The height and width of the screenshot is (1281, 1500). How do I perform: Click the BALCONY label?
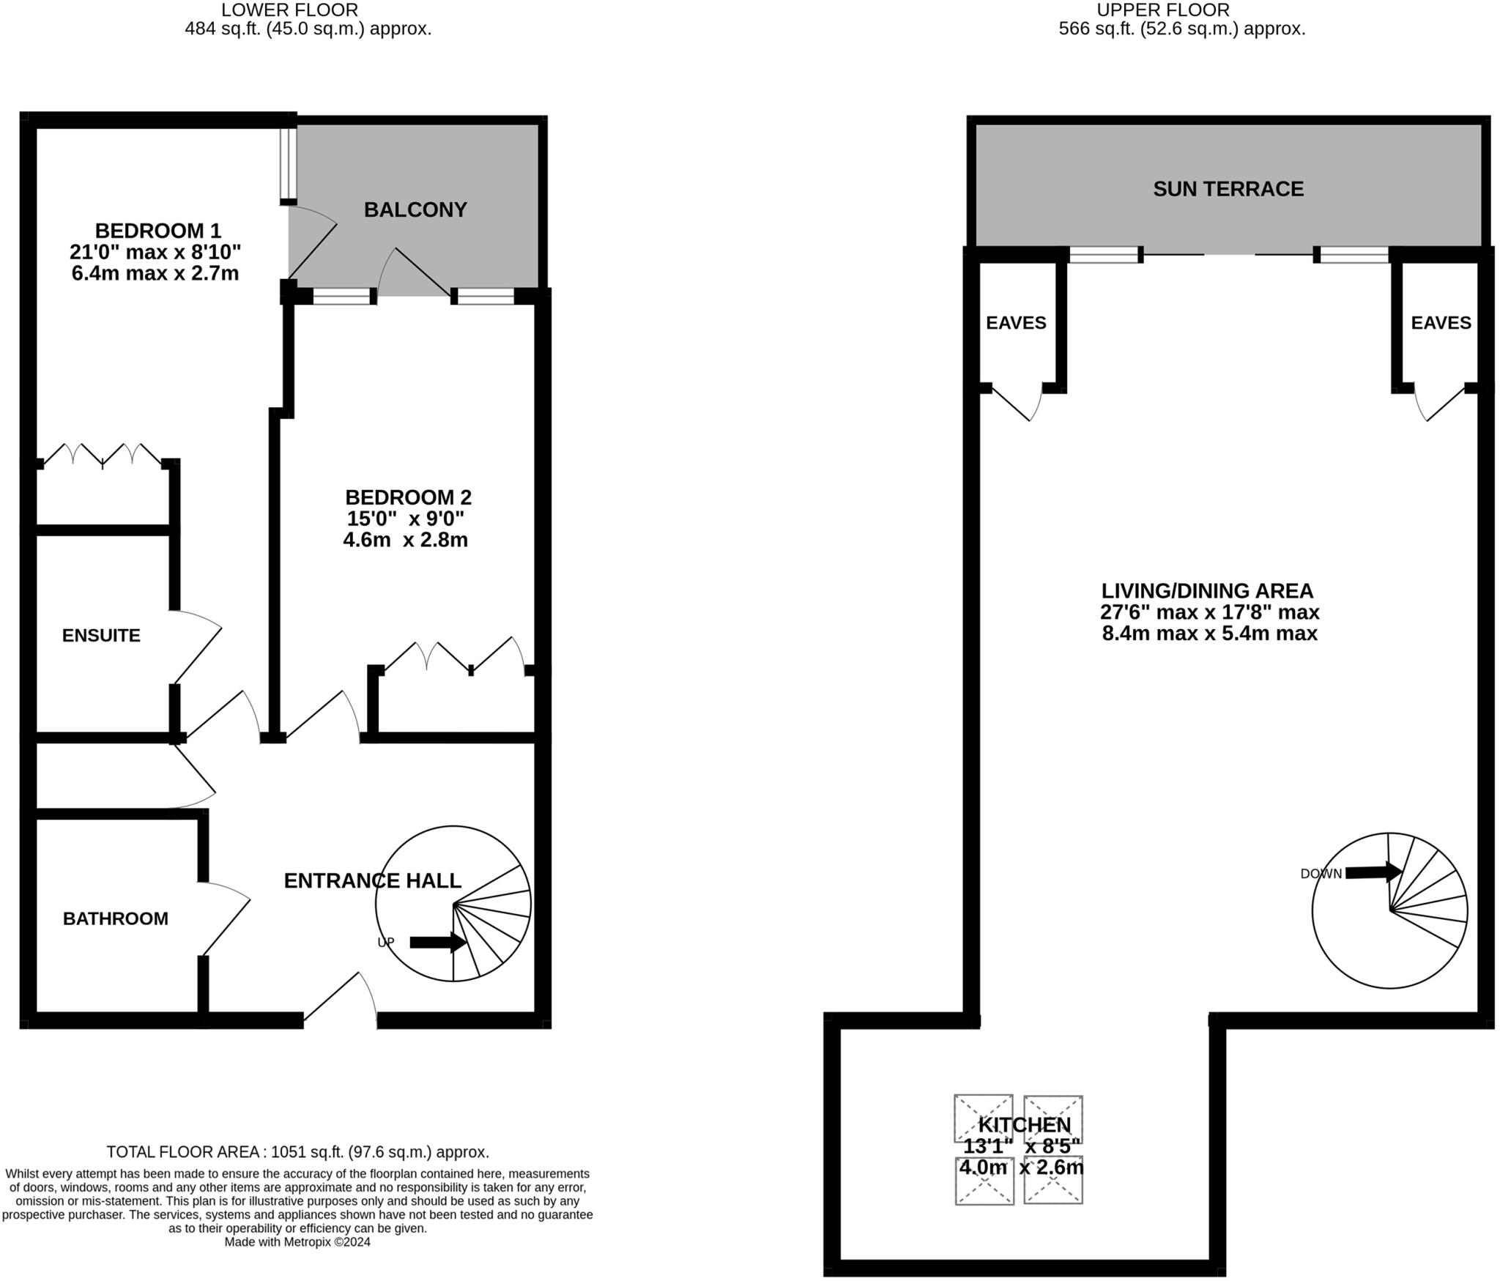[415, 210]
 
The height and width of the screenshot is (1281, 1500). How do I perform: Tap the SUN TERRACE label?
[1228, 189]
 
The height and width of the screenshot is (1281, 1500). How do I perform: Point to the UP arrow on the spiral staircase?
[437, 943]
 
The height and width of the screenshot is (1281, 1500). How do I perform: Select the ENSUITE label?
[101, 636]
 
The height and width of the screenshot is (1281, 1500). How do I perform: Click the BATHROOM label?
[116, 918]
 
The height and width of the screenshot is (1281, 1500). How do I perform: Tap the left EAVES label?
[1016, 323]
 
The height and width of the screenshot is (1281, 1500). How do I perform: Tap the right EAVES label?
[1441, 323]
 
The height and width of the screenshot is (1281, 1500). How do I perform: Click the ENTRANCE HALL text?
[372, 880]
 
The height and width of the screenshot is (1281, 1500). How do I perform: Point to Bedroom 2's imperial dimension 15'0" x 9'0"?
[406, 519]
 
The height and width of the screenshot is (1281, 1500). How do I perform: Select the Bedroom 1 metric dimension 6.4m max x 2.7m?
[155, 274]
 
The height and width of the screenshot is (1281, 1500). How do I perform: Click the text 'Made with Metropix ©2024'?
[297, 1242]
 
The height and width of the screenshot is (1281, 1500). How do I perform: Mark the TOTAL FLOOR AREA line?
[297, 1152]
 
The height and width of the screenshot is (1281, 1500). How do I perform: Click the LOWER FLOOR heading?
[289, 10]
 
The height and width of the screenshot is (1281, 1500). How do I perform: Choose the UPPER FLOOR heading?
[1163, 10]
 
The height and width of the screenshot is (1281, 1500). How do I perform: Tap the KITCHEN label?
[1024, 1125]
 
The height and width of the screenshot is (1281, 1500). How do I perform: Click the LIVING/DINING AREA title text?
[1207, 591]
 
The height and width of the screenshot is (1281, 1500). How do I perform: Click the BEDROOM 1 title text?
[157, 231]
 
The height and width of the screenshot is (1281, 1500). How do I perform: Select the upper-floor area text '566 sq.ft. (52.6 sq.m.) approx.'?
[1181, 29]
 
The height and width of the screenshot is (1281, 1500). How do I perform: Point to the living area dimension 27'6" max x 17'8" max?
[1210, 612]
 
